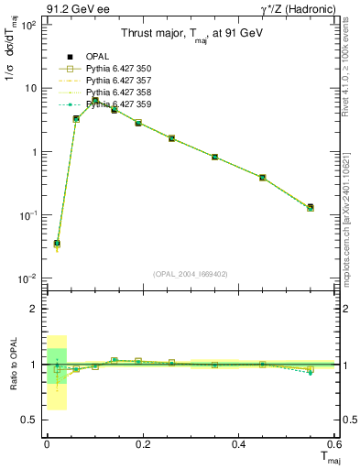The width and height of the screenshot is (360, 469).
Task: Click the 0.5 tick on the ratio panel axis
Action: [30, 420]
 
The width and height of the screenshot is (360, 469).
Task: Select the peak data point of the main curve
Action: [95, 99]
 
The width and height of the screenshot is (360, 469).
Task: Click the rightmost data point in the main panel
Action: [311, 208]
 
